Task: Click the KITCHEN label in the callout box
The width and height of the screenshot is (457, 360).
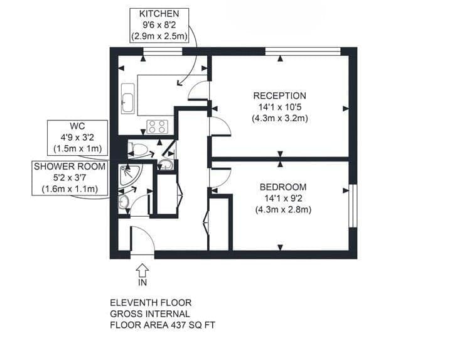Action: coord(159,14)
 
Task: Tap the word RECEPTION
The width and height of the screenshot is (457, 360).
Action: coord(279,95)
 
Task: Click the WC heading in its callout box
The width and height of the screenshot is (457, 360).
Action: coord(78,126)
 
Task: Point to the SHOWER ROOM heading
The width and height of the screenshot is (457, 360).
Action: coord(70,166)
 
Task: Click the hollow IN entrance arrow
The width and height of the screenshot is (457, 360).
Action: coord(142,270)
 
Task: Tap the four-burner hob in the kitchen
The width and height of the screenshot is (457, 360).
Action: coord(157,127)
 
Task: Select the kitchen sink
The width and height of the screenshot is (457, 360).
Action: coord(127,99)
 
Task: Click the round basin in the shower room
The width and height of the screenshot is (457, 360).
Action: coord(124,202)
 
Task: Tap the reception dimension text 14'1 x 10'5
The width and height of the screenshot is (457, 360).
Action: coord(279,107)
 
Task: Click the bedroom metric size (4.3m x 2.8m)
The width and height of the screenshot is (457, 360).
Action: coord(283,210)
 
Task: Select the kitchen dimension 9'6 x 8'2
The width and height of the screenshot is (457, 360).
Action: coord(159,25)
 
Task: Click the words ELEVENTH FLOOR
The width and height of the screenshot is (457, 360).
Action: coord(151,303)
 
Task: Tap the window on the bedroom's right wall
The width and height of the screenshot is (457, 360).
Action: coord(353,205)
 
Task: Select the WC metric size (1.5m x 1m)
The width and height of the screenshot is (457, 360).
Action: coord(78,149)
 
